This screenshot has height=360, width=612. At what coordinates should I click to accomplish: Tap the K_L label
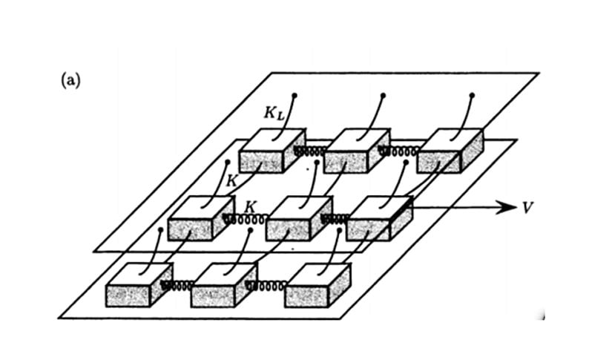tap(275, 114)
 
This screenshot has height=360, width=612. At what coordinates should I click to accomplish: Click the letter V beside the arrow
tap(527, 207)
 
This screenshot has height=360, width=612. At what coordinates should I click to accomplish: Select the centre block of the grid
tap(296, 219)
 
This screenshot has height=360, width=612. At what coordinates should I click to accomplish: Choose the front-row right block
tap(317, 285)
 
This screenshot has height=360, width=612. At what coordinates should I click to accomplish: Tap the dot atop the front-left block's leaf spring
tap(160, 230)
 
